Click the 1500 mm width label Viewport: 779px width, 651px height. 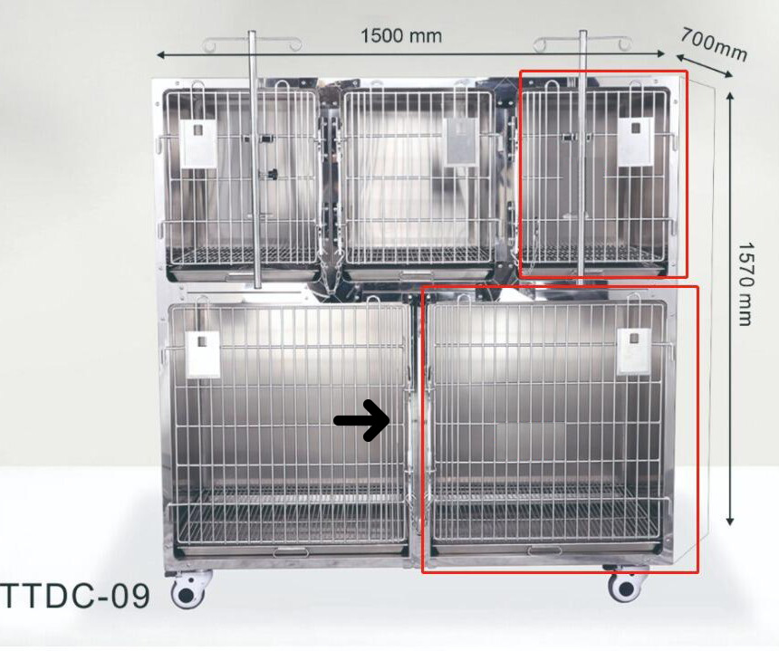point(400,36)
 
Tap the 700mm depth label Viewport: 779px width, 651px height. point(714,44)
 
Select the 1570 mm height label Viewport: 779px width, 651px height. point(745,284)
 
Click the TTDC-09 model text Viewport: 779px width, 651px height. point(74,597)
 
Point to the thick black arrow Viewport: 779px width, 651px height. point(361,421)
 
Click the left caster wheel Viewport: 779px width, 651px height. point(188,590)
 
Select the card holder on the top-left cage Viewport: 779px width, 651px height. point(198,143)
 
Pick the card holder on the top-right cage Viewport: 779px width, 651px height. point(635,142)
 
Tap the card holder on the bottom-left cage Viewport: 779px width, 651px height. point(202,354)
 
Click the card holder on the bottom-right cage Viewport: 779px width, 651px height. point(633,351)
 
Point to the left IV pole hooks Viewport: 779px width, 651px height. point(253,43)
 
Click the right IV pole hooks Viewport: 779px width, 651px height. point(582,43)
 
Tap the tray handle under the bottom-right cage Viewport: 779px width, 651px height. point(544,550)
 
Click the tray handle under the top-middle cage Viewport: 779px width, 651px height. point(418,274)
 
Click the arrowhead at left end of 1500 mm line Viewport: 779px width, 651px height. point(161,54)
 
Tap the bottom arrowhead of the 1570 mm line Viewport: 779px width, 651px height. point(730,521)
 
